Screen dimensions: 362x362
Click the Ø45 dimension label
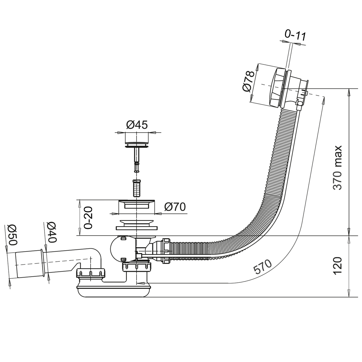[137, 125]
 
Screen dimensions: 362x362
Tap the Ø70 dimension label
[174, 207]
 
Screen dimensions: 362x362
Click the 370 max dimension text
[337, 168]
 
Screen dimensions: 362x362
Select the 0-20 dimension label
[88, 217]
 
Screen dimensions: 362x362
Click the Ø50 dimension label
[12, 235]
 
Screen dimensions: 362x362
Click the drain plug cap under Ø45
[137, 139]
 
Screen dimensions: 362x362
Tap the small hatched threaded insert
[136, 188]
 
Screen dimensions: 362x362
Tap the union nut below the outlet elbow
[90, 273]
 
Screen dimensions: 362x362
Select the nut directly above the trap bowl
[137, 268]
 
